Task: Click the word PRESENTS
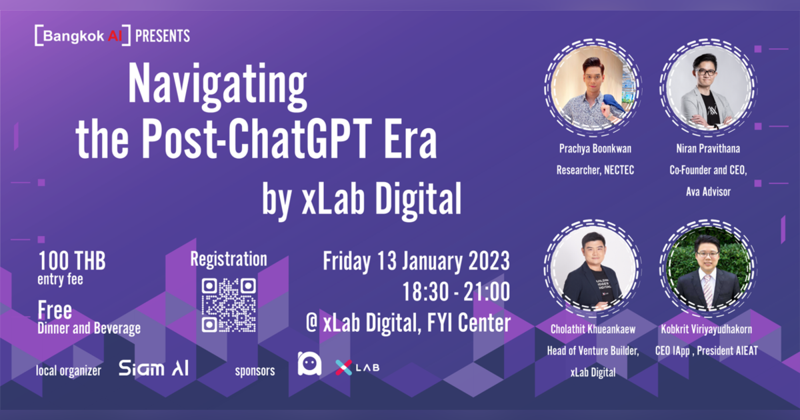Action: (x=162, y=36)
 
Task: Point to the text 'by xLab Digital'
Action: (x=361, y=197)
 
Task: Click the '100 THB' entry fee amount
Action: (x=72, y=260)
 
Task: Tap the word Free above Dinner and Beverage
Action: (x=55, y=311)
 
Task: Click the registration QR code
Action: (x=229, y=305)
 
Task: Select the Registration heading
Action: (x=229, y=259)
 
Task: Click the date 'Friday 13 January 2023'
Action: (x=417, y=261)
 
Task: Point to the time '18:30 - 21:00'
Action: (x=456, y=292)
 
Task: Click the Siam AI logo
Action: (x=153, y=369)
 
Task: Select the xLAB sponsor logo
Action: (x=357, y=367)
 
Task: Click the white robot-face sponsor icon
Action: (x=309, y=363)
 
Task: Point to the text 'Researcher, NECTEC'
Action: (x=595, y=171)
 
